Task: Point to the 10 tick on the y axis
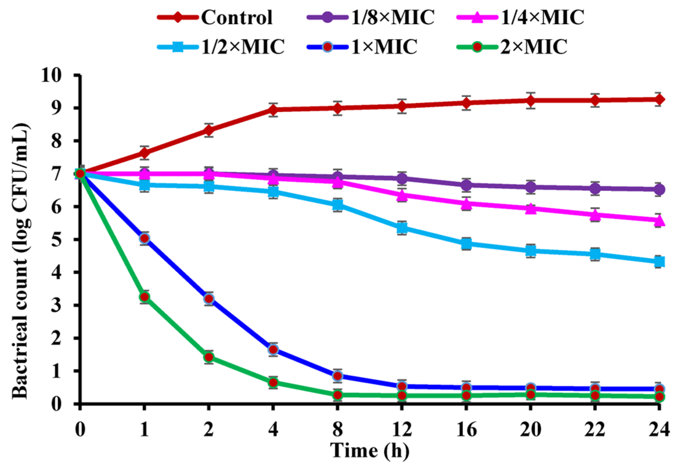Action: [x=52, y=75]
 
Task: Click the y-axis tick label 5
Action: [x=56, y=239]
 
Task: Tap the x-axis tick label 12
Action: [x=402, y=429]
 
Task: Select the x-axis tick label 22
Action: [x=595, y=429]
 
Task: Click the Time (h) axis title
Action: [x=370, y=451]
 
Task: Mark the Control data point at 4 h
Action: [x=273, y=110]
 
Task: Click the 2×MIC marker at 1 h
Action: [x=144, y=297]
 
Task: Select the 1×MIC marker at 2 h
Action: [x=209, y=299]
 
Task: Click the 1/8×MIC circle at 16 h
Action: [x=466, y=185]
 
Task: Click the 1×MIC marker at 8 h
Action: [x=337, y=376]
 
